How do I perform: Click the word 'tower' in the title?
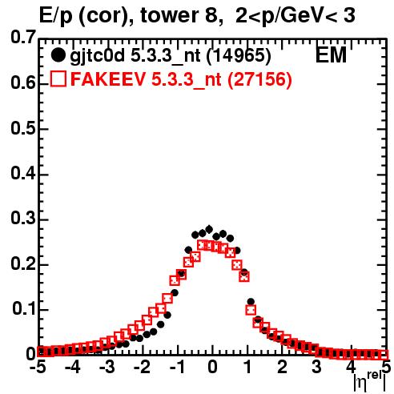169,15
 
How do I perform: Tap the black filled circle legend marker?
58,55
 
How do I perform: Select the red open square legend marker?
58,78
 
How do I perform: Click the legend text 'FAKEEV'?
108,79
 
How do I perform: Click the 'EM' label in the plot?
331,55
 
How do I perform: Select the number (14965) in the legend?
239,56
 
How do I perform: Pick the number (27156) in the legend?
259,79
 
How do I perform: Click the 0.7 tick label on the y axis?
23,37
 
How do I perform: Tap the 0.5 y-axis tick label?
23,128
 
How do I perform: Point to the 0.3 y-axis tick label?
23,219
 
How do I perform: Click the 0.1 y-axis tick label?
23,309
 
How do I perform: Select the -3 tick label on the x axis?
107,368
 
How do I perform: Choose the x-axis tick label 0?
212,368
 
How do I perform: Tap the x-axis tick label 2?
282,368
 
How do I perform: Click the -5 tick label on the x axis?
38,368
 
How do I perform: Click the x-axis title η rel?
370,382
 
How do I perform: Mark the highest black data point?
209,229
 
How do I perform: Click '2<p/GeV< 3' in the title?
295,16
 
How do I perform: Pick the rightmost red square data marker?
384,355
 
